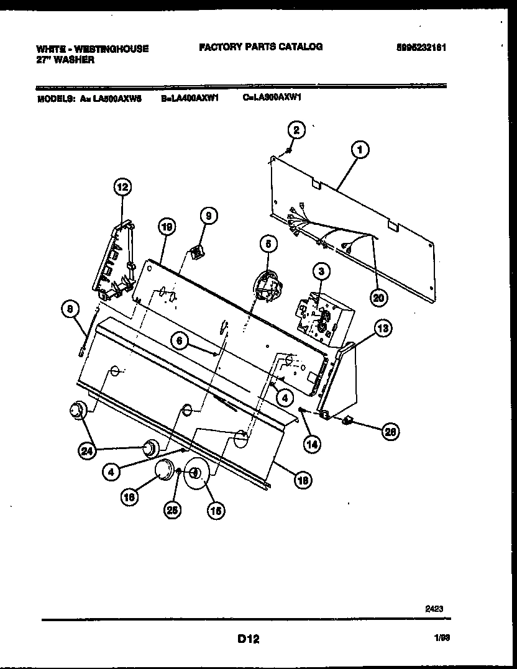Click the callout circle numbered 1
tap(359, 150)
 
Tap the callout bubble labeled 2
tap(296, 130)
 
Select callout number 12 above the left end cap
tap(122, 186)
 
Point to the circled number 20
tap(378, 298)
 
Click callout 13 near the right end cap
tap(383, 329)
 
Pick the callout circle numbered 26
tap(390, 433)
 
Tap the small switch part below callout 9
tap(198, 253)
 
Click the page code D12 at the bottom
tap(247, 638)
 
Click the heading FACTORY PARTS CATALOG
tap(260, 47)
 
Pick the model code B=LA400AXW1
tap(188, 98)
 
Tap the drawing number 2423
tap(434, 609)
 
